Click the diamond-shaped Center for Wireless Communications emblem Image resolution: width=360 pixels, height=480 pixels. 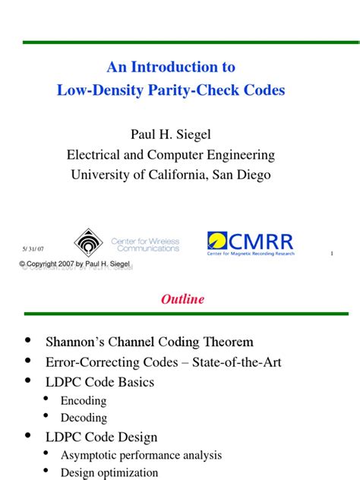88,242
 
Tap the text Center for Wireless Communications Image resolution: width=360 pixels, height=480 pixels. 145,245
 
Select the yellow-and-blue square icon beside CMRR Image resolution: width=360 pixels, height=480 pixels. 217,241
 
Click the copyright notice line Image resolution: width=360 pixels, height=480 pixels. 75,264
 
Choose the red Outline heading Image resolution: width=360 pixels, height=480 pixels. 182,298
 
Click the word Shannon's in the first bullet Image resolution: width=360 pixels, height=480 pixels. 75,342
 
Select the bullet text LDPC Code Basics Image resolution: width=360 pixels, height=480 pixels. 99,381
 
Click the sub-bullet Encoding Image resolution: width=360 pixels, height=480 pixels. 84,400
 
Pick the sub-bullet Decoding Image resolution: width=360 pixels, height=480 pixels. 84,417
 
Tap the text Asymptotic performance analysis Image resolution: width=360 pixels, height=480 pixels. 141,455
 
